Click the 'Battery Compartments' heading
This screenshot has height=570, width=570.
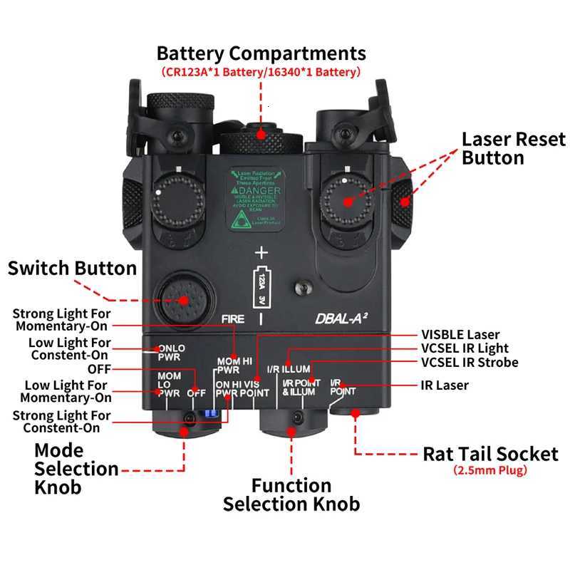click(x=261, y=53)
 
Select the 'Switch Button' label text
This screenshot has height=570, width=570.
click(x=72, y=269)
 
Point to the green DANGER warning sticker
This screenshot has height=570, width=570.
click(x=255, y=199)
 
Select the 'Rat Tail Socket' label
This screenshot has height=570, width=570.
click(x=490, y=454)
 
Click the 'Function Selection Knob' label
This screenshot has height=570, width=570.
click(x=291, y=495)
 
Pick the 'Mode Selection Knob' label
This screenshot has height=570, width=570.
click(x=68, y=469)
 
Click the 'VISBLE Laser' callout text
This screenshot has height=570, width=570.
click(x=460, y=335)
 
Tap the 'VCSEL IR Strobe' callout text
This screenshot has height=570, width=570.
click(x=470, y=363)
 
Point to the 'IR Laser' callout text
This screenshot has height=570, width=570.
click(x=445, y=385)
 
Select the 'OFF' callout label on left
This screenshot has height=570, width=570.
click(x=99, y=369)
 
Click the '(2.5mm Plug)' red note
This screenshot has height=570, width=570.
click(x=490, y=471)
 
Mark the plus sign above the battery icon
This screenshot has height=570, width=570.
click(x=261, y=253)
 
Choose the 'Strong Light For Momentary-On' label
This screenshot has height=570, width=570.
click(x=61, y=319)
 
